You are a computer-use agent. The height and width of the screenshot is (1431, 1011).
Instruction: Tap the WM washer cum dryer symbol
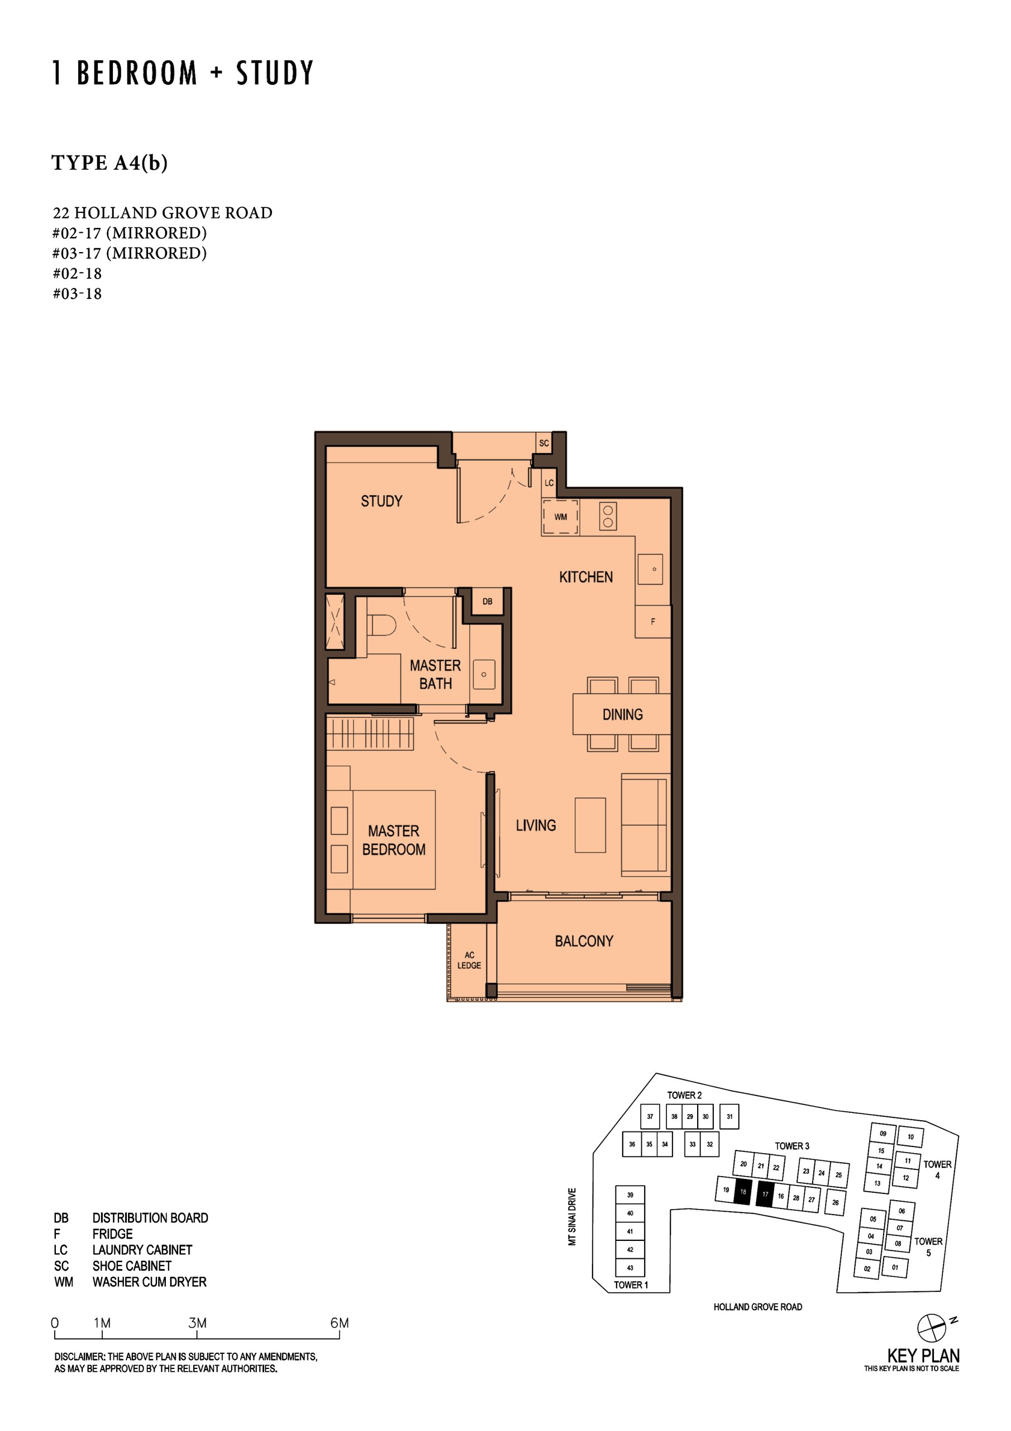(560, 517)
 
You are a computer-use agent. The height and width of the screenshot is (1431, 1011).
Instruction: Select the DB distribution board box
(487, 601)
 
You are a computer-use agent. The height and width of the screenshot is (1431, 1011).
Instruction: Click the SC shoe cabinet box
(544, 443)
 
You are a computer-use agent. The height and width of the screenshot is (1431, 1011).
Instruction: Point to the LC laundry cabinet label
(549, 483)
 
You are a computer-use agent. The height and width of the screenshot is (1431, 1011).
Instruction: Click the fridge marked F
(653, 622)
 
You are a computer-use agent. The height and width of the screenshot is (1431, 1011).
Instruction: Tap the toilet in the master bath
(381, 625)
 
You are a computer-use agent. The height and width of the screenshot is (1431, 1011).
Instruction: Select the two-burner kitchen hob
(608, 516)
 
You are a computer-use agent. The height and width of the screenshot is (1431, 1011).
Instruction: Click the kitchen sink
(650, 569)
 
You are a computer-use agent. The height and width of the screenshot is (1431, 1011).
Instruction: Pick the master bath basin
(484, 674)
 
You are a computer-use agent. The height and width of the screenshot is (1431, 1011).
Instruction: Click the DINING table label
(622, 714)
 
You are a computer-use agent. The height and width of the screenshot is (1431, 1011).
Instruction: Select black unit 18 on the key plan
(743, 1192)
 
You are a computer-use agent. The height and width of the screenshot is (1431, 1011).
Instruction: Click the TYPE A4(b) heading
(109, 163)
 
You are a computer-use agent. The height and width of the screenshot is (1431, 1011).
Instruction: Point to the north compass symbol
(931, 1328)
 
